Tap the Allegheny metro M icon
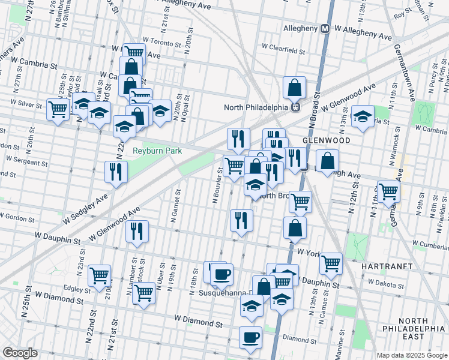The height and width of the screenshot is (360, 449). (325, 28)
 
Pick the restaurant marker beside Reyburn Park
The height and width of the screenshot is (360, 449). (116, 172)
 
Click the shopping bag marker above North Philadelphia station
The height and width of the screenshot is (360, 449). (294, 88)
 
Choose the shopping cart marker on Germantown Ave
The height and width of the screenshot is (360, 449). (388, 191)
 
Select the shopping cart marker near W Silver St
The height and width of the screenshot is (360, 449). (58, 110)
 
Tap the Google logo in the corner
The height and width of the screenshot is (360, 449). (19, 353)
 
